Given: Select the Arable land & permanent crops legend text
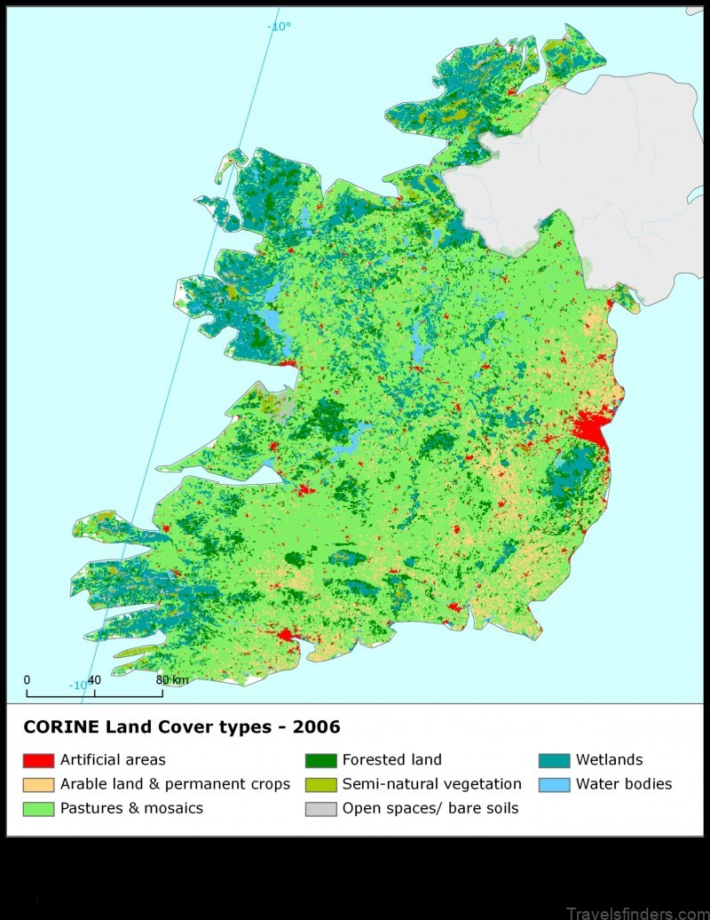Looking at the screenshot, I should pos(175,784).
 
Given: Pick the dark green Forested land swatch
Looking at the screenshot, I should pos(320,760).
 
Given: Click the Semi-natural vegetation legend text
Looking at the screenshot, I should pos(431,784).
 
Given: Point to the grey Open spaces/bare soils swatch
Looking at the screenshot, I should pos(320,808).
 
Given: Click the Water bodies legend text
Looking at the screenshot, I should pos(623,784).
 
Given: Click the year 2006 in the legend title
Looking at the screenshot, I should pos(319,727).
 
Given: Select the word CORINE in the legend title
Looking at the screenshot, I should pos(60,727).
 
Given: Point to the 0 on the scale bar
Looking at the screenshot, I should pos(27,680).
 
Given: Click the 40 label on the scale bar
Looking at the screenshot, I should pos(94,680).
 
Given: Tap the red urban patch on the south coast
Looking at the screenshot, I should pos(287,635).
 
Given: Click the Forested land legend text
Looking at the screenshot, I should pos(391,760).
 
